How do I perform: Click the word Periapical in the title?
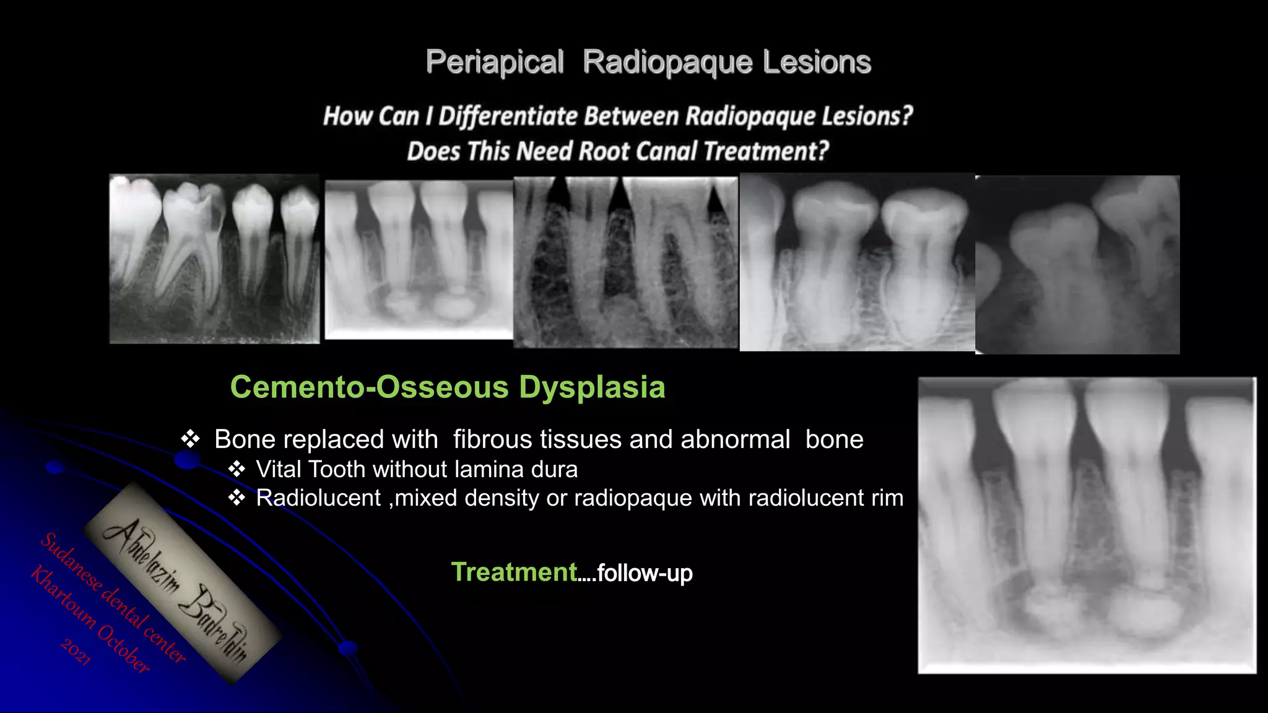tap(495, 63)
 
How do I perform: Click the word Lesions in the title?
tap(817, 63)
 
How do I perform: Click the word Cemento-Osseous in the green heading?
tap(369, 387)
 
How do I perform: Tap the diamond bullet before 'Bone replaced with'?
tap(190, 439)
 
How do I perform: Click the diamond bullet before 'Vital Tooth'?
tap(237, 470)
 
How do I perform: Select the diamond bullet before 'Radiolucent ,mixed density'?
tap(237, 498)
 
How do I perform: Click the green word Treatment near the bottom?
tap(514, 573)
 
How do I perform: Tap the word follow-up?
tap(645, 573)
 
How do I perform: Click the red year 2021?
tap(76, 652)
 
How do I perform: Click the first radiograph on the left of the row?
tap(214, 259)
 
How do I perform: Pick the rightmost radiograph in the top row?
tap(1077, 264)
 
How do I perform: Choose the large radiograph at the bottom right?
tap(1087, 525)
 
